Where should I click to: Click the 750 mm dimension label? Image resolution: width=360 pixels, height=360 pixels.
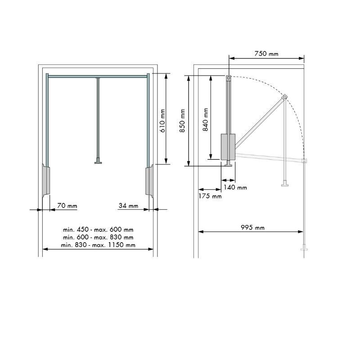click(x=266, y=54)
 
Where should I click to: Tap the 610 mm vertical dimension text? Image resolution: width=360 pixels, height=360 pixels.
click(x=163, y=121)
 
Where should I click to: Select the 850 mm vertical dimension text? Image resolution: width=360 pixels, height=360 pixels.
click(x=182, y=121)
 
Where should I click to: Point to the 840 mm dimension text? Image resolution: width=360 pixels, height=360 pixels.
click(x=205, y=120)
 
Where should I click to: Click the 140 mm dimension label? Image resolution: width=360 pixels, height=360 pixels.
click(x=235, y=188)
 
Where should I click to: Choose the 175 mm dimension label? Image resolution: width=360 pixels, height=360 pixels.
click(x=210, y=196)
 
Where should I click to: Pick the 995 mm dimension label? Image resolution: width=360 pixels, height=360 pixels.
click(x=252, y=228)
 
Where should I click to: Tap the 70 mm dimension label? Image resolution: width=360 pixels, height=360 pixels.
click(x=67, y=206)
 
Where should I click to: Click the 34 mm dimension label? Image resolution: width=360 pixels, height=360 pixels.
click(x=128, y=206)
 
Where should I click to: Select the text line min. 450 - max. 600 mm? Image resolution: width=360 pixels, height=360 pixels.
click(x=98, y=229)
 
